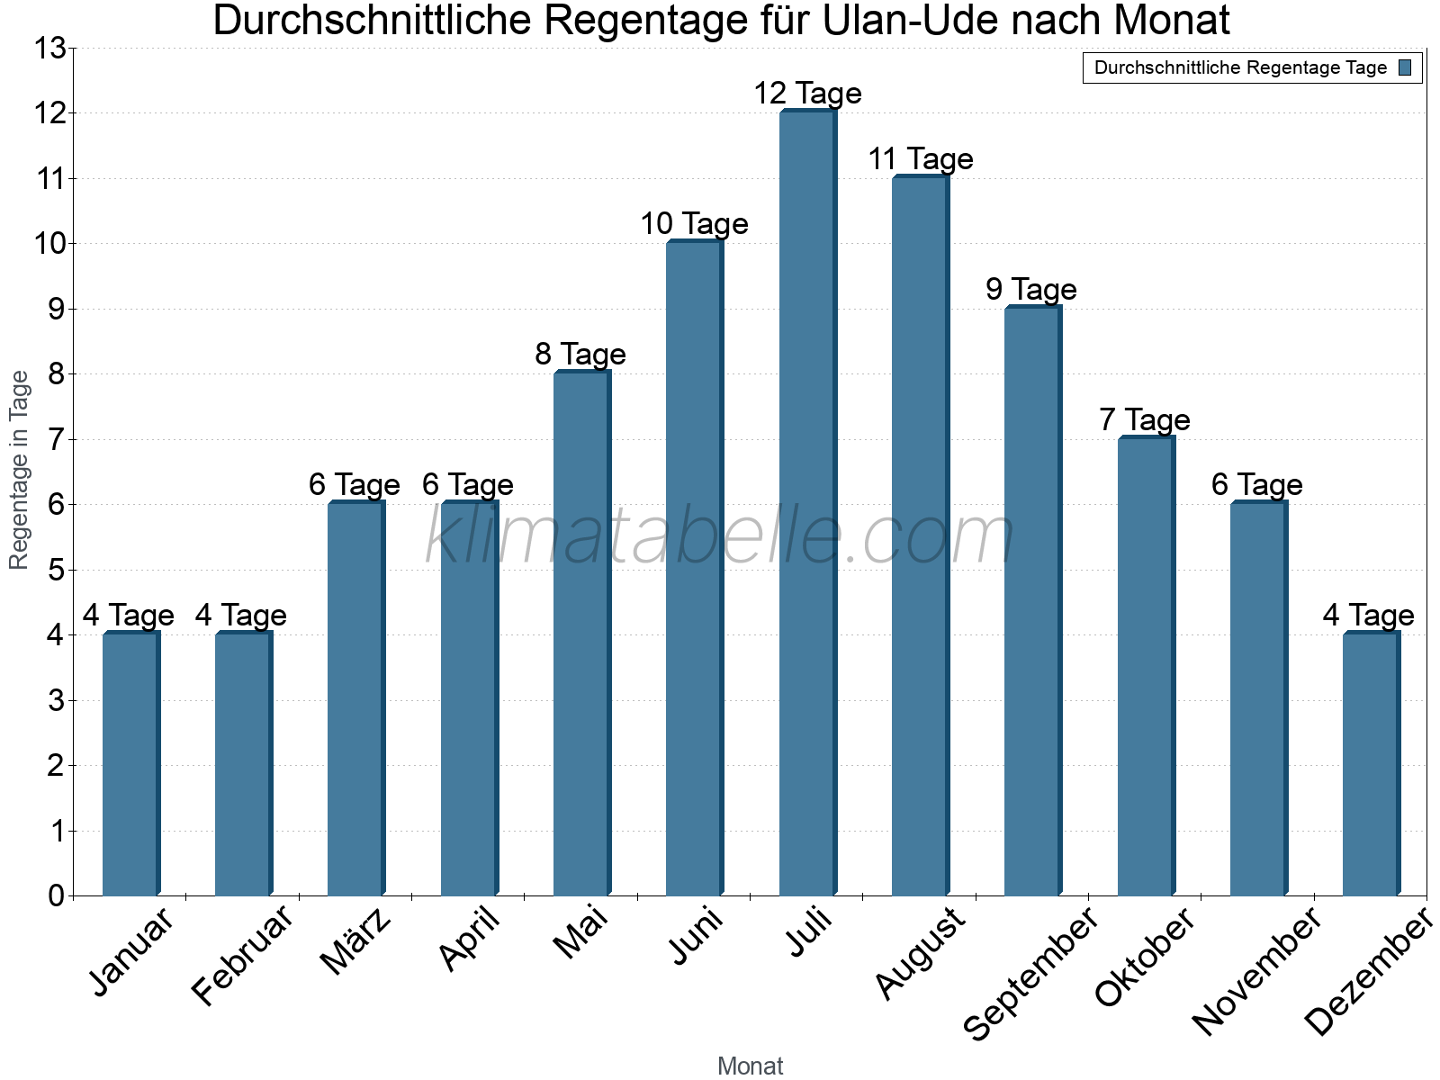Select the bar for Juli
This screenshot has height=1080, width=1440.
click(x=807, y=504)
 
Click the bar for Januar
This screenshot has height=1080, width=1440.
click(x=130, y=765)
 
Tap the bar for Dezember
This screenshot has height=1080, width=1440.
click(x=1371, y=765)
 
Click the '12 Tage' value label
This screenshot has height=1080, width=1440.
click(x=807, y=94)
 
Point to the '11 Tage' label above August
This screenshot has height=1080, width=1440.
click(x=920, y=159)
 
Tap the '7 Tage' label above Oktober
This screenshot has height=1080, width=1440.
click(x=1144, y=420)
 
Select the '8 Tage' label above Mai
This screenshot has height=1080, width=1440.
click(x=580, y=355)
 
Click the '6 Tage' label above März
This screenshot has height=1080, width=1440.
click(x=354, y=485)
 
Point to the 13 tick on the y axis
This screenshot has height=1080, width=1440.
click(x=50, y=49)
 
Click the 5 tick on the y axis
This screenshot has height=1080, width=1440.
click(x=56, y=571)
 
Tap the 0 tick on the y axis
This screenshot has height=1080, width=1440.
click(x=56, y=896)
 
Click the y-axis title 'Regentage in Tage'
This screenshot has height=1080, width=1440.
click(x=20, y=470)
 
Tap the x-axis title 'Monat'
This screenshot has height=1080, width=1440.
click(x=750, y=1066)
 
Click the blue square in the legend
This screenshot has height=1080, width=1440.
click(x=1405, y=67)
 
